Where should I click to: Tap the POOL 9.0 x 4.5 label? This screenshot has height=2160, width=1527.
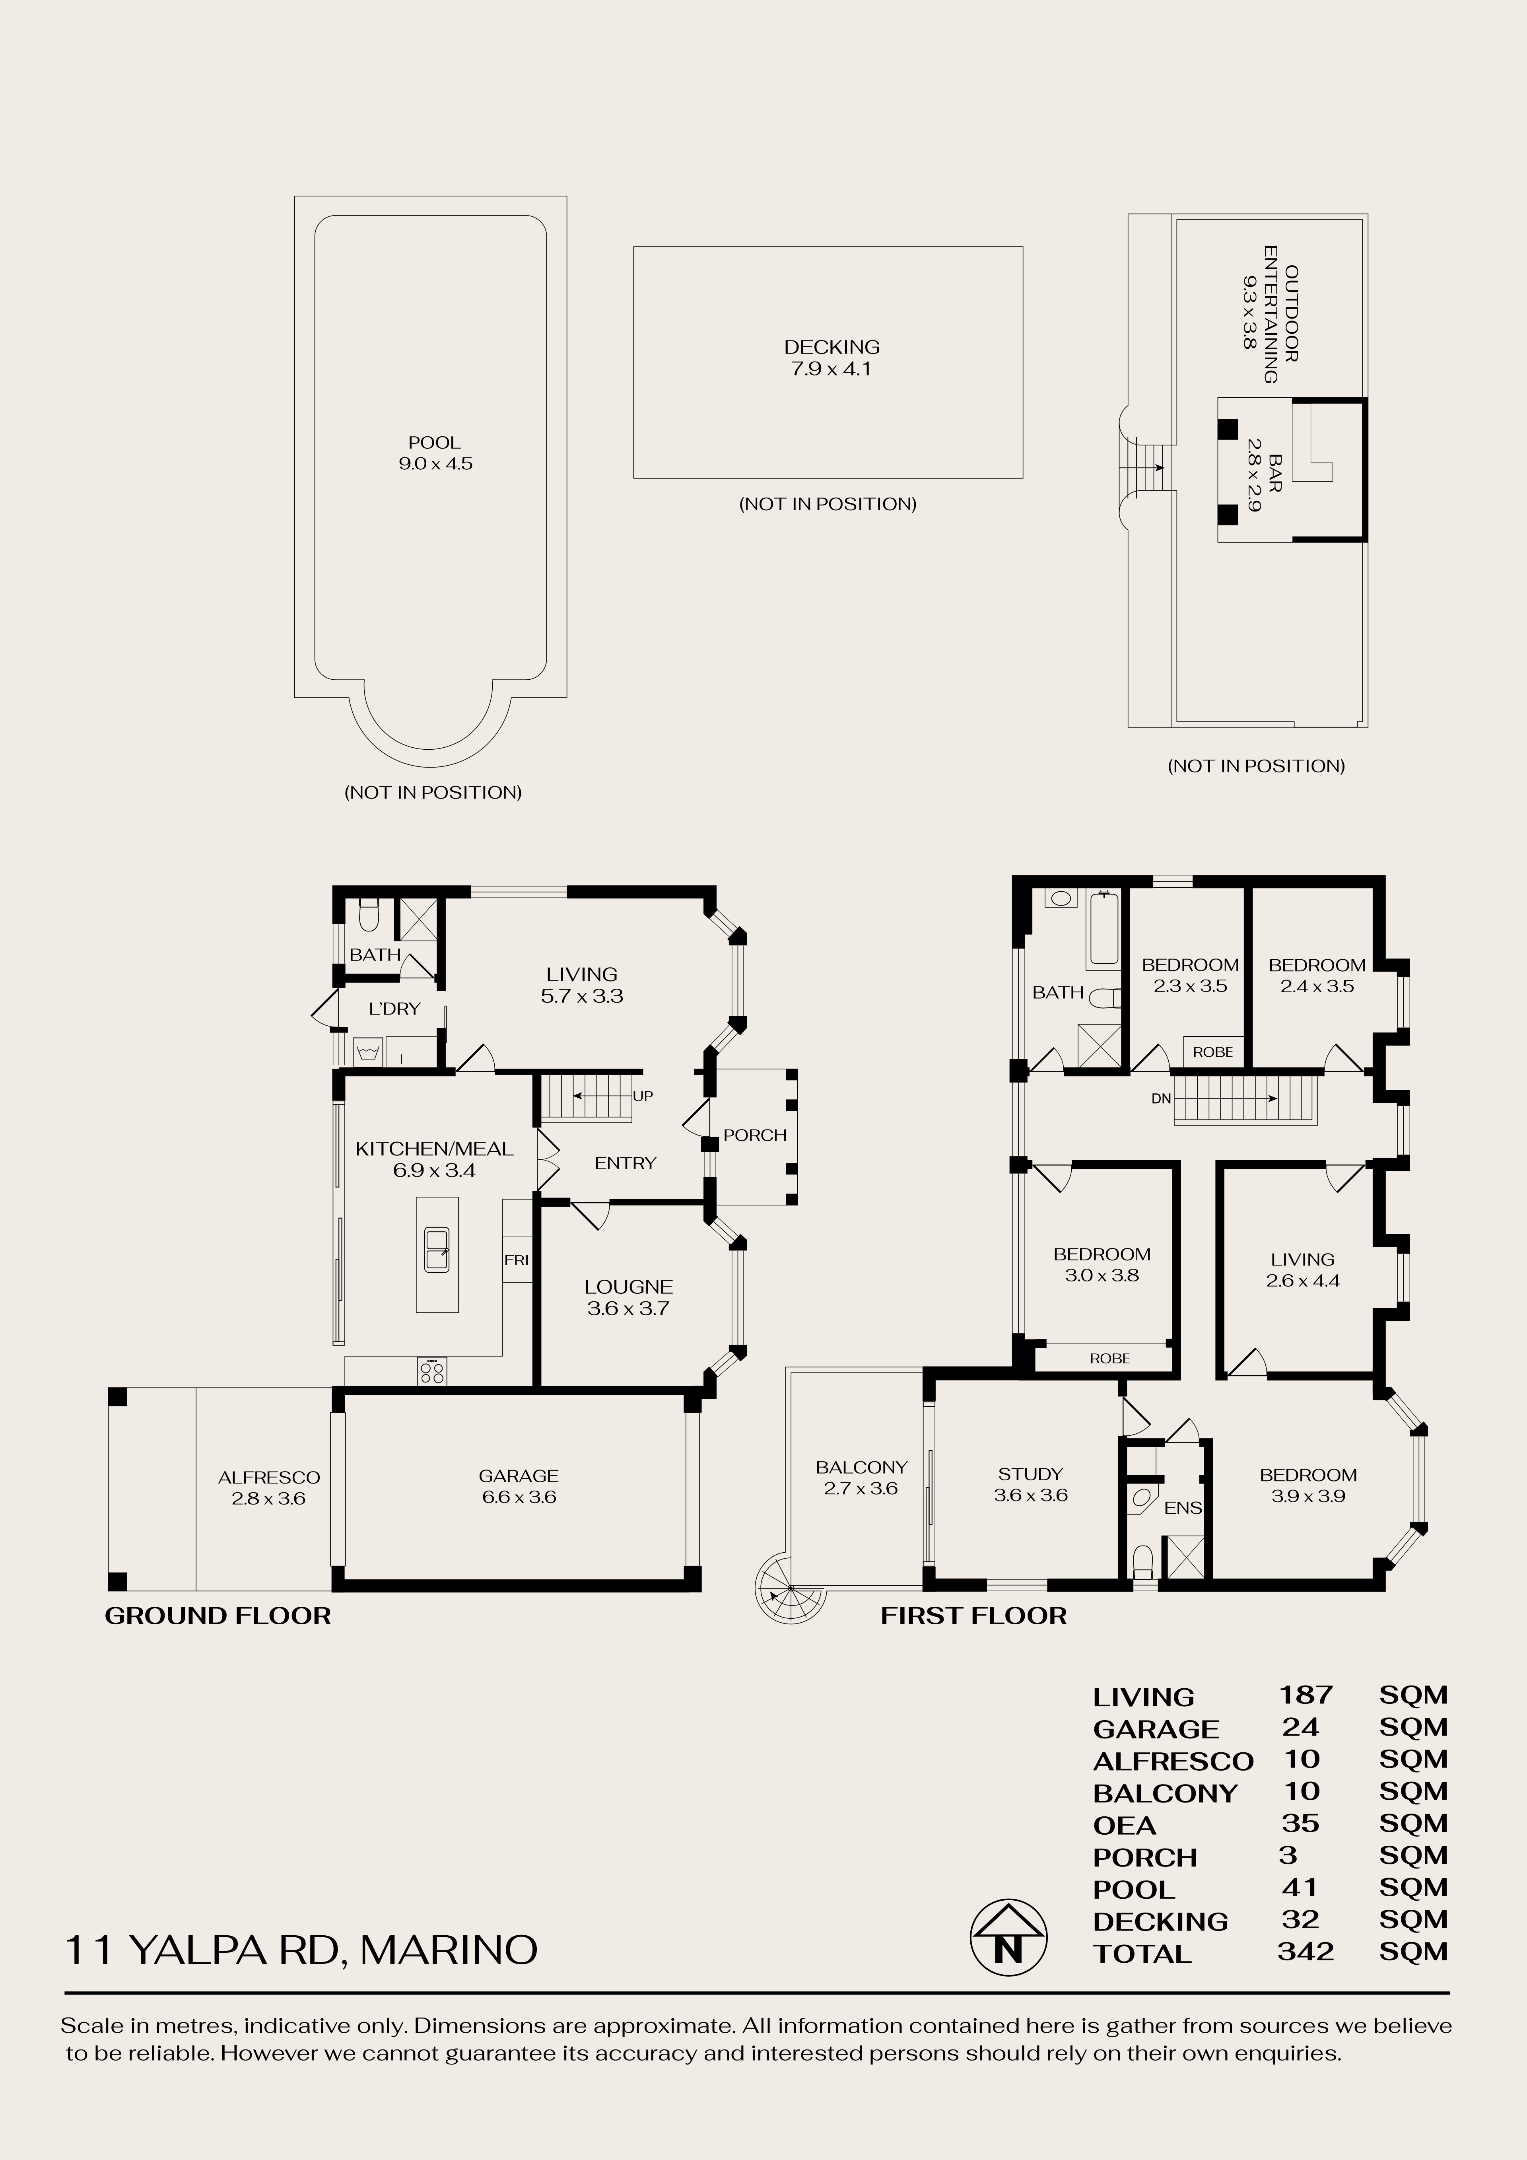[435, 453]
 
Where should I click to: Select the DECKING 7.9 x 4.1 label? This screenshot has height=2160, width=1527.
[831, 358]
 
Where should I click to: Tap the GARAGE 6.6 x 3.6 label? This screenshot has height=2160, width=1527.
[519, 1486]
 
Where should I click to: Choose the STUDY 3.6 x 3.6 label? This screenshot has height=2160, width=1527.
[1030, 1485]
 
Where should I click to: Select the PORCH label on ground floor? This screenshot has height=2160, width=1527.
[755, 1135]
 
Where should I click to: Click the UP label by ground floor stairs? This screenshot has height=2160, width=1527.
[643, 1096]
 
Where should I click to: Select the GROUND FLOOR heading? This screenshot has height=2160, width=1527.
[218, 1616]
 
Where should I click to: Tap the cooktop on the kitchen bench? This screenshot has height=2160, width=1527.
[433, 1371]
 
